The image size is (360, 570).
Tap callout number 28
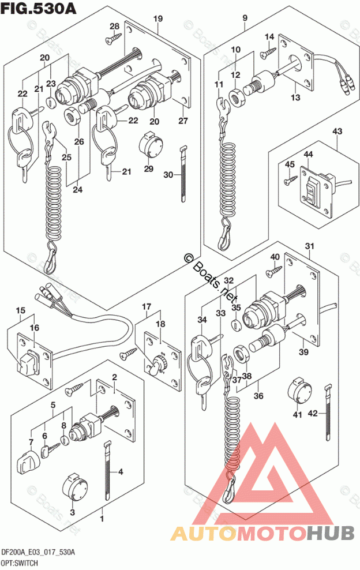coord(114,27)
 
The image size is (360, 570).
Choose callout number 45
coord(290,164)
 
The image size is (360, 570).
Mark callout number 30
coord(168,175)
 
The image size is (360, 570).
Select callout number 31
coord(309,248)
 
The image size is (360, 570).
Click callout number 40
coord(275,257)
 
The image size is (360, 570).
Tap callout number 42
coord(313,412)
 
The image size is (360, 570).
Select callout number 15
coord(20,312)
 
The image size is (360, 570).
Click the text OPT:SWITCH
coord(20,562)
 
